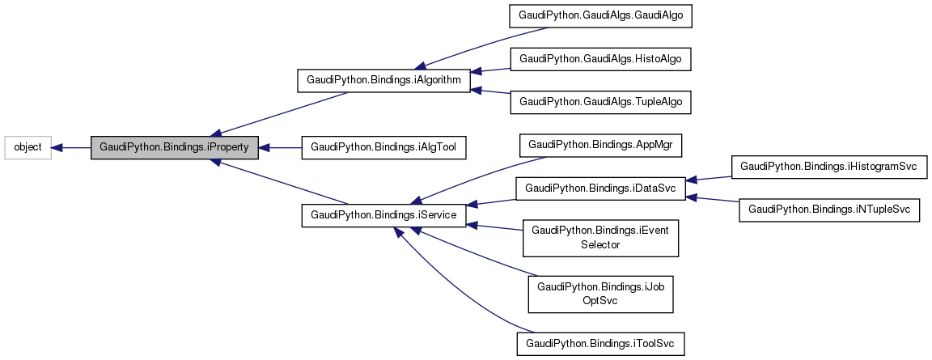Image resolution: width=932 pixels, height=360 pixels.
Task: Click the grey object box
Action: [x=28, y=147]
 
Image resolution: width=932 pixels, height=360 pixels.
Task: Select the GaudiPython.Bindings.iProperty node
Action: [x=175, y=147]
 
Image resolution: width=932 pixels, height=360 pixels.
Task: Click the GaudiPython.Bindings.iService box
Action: [x=383, y=215]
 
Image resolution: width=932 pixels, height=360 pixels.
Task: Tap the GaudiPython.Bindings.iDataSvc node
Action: [x=600, y=188]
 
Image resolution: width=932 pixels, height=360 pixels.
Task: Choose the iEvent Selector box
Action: [x=600, y=237]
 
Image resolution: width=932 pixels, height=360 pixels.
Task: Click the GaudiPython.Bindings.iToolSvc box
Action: [x=600, y=343]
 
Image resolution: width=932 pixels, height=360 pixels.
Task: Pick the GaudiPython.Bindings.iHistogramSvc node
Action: [x=828, y=167]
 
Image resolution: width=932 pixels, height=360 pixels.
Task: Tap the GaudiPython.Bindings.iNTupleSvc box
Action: [x=829, y=210]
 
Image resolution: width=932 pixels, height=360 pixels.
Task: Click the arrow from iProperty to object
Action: [x=71, y=147]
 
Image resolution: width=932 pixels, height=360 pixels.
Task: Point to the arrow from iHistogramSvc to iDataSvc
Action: [x=709, y=178]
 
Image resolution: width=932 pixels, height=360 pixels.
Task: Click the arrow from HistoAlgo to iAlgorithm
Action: [x=490, y=70]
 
